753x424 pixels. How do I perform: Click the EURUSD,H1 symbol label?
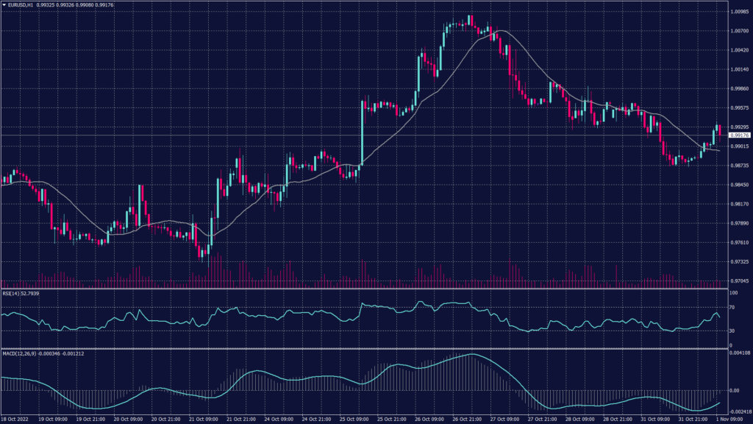pos(20,5)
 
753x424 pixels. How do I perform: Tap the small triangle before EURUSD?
pos(4,5)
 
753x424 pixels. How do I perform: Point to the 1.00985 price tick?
pos(738,13)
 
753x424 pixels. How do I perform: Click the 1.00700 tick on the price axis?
pos(738,32)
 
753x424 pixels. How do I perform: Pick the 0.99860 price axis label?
pos(738,89)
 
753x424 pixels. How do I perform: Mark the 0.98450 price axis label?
pos(738,185)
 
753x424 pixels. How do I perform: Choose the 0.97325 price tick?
pos(738,261)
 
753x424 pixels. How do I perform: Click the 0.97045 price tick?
pos(738,280)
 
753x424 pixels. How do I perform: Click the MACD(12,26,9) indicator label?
pos(20,353)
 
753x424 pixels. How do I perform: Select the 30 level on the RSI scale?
pos(732,331)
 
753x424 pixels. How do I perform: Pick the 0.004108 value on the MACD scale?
pos(738,353)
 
